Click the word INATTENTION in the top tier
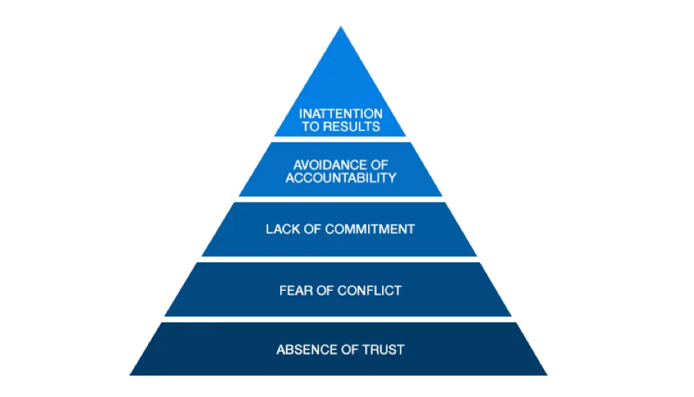pyautogui.click(x=340, y=114)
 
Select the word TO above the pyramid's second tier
pyautogui.click(x=310, y=126)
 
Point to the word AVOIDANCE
pyautogui.click(x=330, y=165)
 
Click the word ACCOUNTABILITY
pyautogui.click(x=340, y=178)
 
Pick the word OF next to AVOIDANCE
pyautogui.click(x=380, y=165)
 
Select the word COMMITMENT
pyautogui.click(x=370, y=229)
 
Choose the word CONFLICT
pyautogui.click(x=370, y=291)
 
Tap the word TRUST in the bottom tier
pyautogui.click(x=384, y=350)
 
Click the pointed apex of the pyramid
pyautogui.click(x=340, y=26)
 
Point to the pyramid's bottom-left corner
pyautogui.click(x=129, y=375)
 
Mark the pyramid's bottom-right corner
pyautogui.click(x=548, y=375)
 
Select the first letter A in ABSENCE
pyautogui.click(x=281, y=350)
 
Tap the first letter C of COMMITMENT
pyautogui.click(x=330, y=229)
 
